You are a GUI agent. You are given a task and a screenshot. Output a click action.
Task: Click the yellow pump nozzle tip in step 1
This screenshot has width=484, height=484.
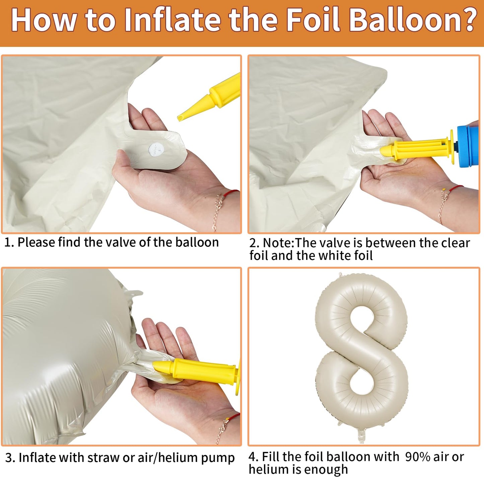[180, 118]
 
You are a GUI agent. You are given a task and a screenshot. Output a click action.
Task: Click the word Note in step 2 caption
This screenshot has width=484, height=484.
[278, 243]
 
